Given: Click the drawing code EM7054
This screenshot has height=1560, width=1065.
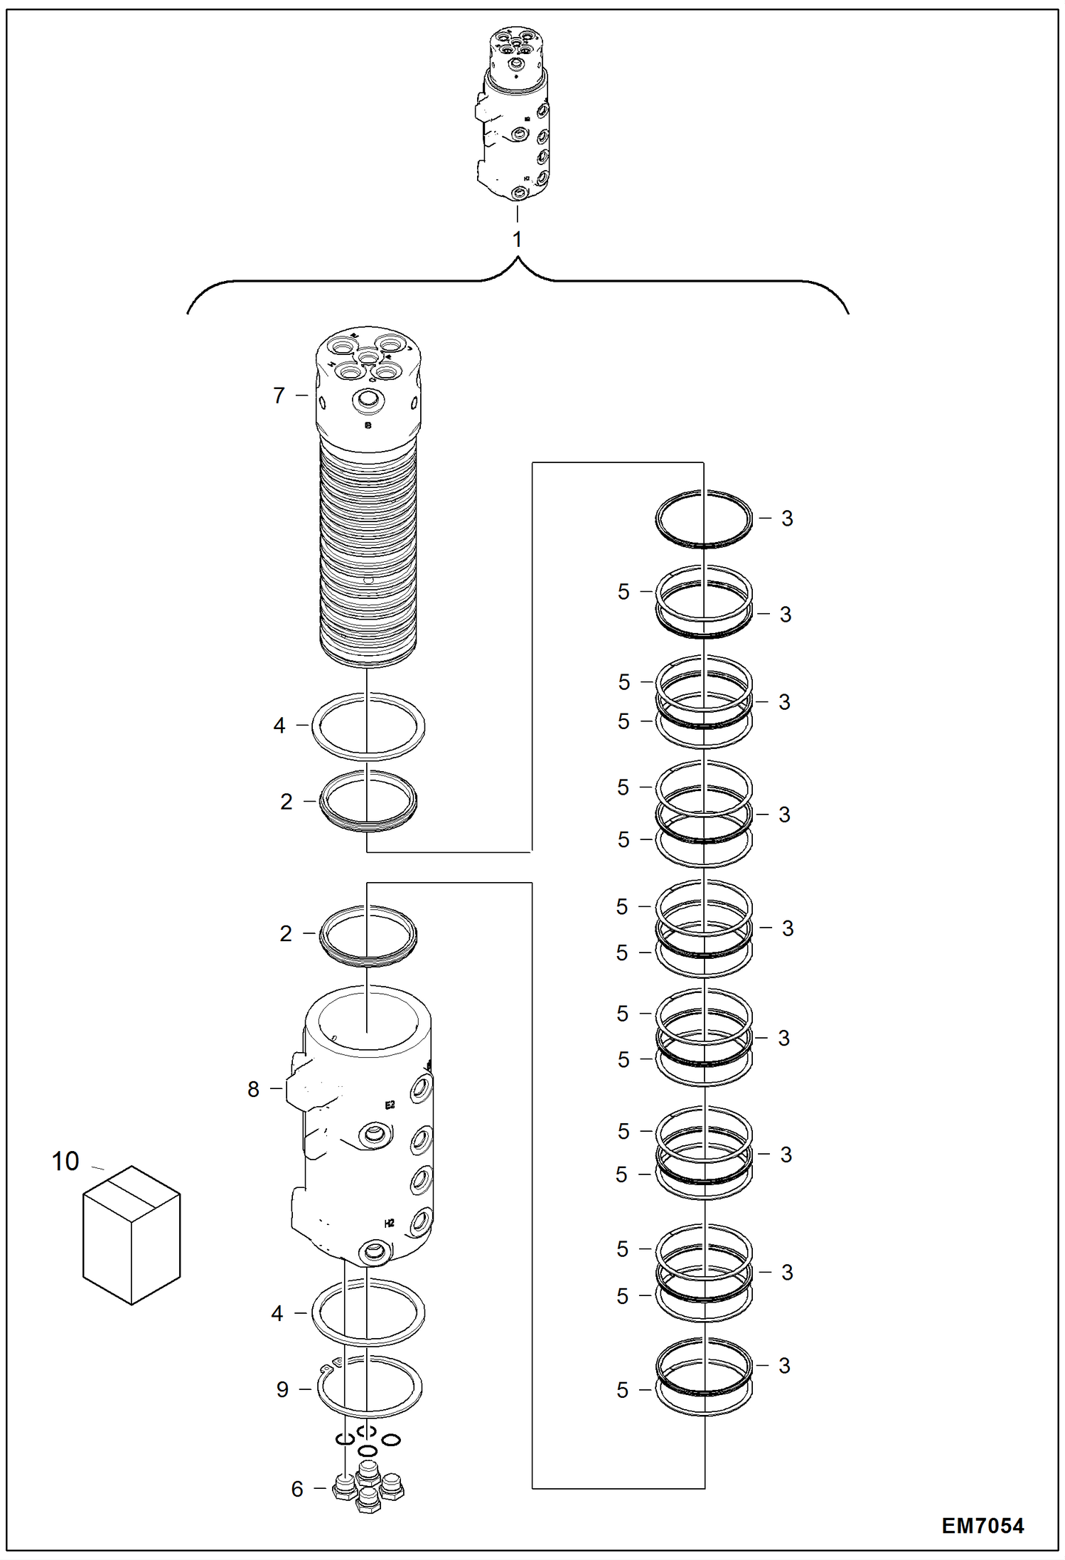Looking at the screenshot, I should pyautogui.click(x=982, y=1525).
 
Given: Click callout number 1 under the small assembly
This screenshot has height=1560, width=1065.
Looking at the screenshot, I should pyautogui.click(x=517, y=240).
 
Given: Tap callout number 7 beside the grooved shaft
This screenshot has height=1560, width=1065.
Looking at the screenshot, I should pyautogui.click(x=279, y=396).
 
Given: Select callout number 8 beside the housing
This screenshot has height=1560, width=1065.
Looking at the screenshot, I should pyautogui.click(x=253, y=1089).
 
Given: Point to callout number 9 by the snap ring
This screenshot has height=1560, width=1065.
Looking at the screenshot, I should pyautogui.click(x=282, y=1389).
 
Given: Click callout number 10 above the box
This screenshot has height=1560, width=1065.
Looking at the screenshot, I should pyautogui.click(x=65, y=1162).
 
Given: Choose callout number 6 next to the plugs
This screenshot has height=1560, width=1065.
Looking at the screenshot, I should pyautogui.click(x=297, y=1489).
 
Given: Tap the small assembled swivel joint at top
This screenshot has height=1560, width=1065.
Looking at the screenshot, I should pyautogui.click(x=514, y=114).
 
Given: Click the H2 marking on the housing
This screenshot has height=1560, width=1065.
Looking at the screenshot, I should pyautogui.click(x=389, y=1224).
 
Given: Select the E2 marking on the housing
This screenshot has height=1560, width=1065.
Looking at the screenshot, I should pyautogui.click(x=390, y=1105).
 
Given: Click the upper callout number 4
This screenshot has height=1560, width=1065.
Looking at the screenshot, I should pyautogui.click(x=279, y=726).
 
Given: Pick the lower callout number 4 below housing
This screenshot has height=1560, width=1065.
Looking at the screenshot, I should pyautogui.click(x=277, y=1313).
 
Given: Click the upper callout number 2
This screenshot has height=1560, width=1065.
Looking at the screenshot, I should pyautogui.click(x=286, y=802).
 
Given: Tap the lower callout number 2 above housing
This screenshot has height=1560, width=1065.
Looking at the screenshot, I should pyautogui.click(x=286, y=933).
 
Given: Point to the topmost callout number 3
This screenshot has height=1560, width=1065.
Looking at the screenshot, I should pyautogui.click(x=787, y=519).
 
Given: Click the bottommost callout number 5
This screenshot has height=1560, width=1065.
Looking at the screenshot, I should pyautogui.click(x=623, y=1390).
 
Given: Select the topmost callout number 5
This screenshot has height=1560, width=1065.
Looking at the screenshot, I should pyautogui.click(x=624, y=592).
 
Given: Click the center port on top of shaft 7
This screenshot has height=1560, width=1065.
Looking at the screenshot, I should pyautogui.click(x=368, y=356).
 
